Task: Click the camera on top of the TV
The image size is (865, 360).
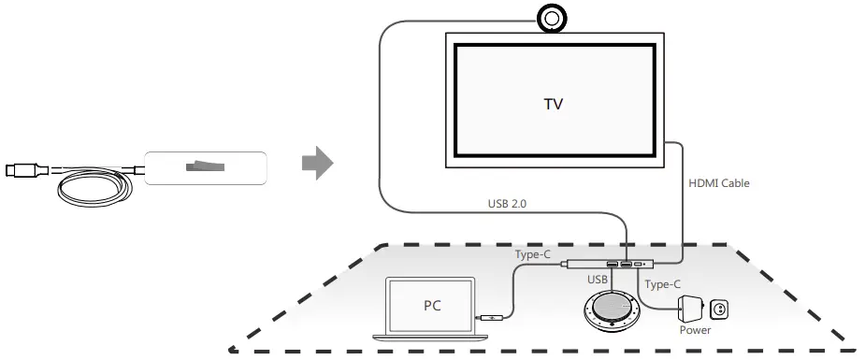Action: (553, 17)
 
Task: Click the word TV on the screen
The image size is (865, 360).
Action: (554, 103)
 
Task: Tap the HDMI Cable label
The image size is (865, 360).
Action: (718, 183)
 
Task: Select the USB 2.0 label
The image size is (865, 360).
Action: (512, 203)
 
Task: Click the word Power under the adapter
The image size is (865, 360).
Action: (695, 329)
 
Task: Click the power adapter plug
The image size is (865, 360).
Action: (694, 306)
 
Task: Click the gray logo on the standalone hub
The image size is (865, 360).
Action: (205, 167)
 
